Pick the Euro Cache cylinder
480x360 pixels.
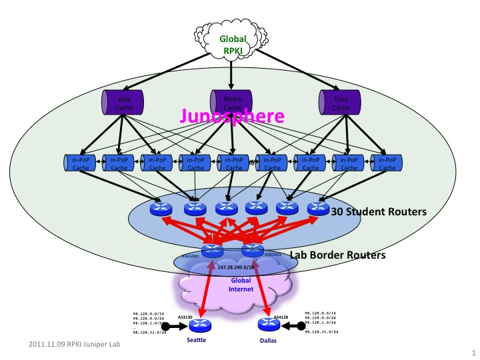(341, 103)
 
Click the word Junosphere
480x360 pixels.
(232, 117)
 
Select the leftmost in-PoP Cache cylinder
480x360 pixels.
(81, 164)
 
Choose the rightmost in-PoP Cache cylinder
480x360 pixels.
(387, 164)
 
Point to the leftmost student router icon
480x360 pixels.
(160, 209)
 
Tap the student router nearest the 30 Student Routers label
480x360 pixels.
(318, 209)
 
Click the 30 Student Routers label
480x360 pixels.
(379, 212)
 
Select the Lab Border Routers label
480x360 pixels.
(337, 255)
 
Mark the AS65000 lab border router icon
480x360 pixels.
(212, 251)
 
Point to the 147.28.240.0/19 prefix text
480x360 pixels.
(234, 267)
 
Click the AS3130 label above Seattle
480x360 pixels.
(185, 317)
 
